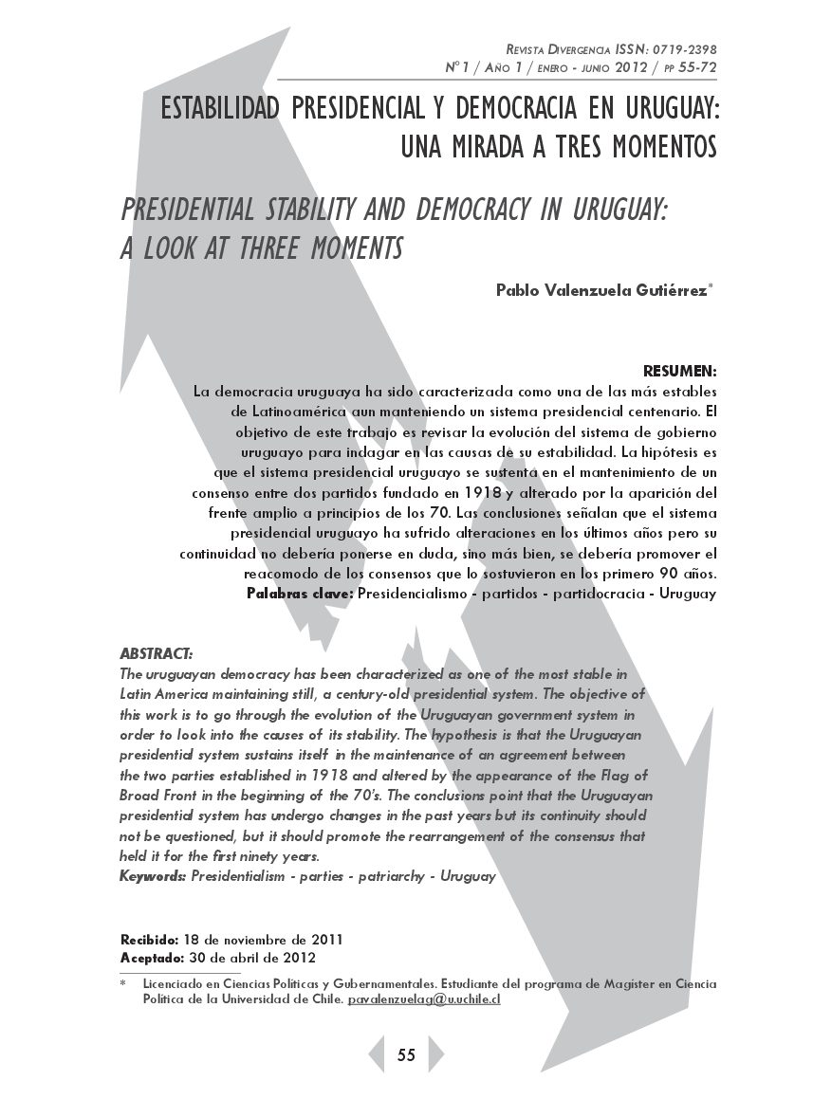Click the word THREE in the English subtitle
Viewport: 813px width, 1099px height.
pyautogui.click(x=255, y=248)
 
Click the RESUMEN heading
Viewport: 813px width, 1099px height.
pyautogui.click(x=679, y=370)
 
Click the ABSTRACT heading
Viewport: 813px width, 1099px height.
pyautogui.click(x=157, y=653)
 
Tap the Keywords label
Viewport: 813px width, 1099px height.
pyautogui.click(x=153, y=877)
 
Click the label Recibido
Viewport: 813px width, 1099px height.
pyautogui.click(x=149, y=940)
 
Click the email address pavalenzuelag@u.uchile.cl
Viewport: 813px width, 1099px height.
pyautogui.click(x=424, y=1000)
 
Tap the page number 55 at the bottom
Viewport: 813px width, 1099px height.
pyautogui.click(x=406, y=1055)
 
